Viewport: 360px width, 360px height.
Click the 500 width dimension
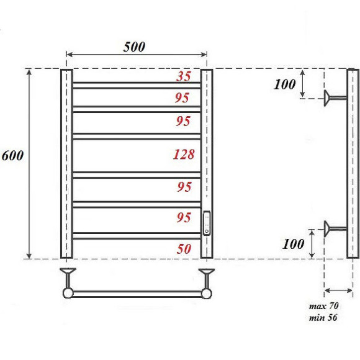pos(133,47)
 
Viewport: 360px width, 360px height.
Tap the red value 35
pos(184,77)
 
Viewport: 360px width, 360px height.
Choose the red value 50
pos(184,249)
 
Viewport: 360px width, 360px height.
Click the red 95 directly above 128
pos(183,121)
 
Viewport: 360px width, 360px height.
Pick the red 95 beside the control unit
pos(183,217)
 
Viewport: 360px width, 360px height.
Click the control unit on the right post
pos(207,223)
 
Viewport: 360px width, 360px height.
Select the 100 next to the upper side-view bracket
pos(286,84)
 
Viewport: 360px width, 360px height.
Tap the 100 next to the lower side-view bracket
pos(294,244)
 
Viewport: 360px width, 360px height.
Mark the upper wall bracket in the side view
pos(334,96)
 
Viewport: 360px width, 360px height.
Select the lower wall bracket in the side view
pos(334,228)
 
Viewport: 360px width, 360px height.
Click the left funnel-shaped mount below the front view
pos(67,274)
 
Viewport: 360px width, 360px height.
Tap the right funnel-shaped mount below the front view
pos(206,274)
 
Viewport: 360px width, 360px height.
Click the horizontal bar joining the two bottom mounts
pos(137,293)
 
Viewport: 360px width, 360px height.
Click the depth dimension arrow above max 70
pos(339,289)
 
